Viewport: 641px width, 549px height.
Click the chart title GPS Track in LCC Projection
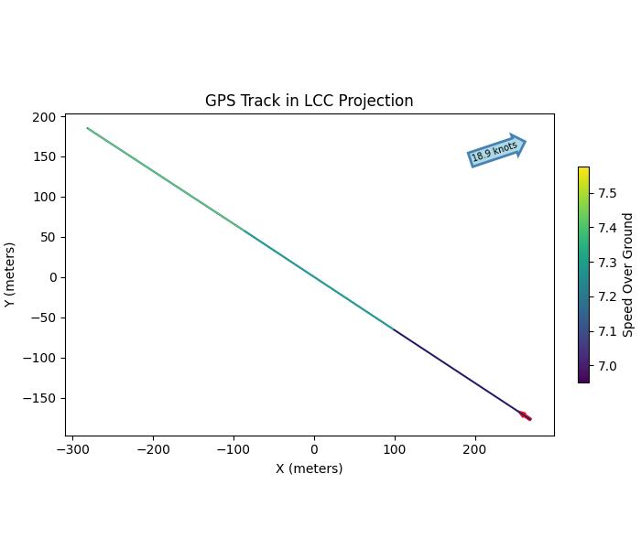(x=309, y=101)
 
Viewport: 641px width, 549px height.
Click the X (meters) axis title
(x=310, y=468)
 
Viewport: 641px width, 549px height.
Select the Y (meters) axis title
(x=10, y=274)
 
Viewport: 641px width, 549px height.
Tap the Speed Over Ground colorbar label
(x=628, y=274)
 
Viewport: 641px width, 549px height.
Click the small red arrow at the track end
(x=525, y=416)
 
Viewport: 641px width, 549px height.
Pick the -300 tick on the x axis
(x=72, y=448)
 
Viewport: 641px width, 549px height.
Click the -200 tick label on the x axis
(x=153, y=448)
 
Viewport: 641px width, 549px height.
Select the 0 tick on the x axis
(x=314, y=448)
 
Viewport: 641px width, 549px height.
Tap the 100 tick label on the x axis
(x=395, y=448)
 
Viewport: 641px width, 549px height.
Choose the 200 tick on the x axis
(x=474, y=448)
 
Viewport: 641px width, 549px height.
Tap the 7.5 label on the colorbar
(x=607, y=193)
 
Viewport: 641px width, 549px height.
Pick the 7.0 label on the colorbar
(x=607, y=366)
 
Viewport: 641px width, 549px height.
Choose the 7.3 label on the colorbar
(x=607, y=263)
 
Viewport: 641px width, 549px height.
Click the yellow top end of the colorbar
(x=584, y=170)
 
